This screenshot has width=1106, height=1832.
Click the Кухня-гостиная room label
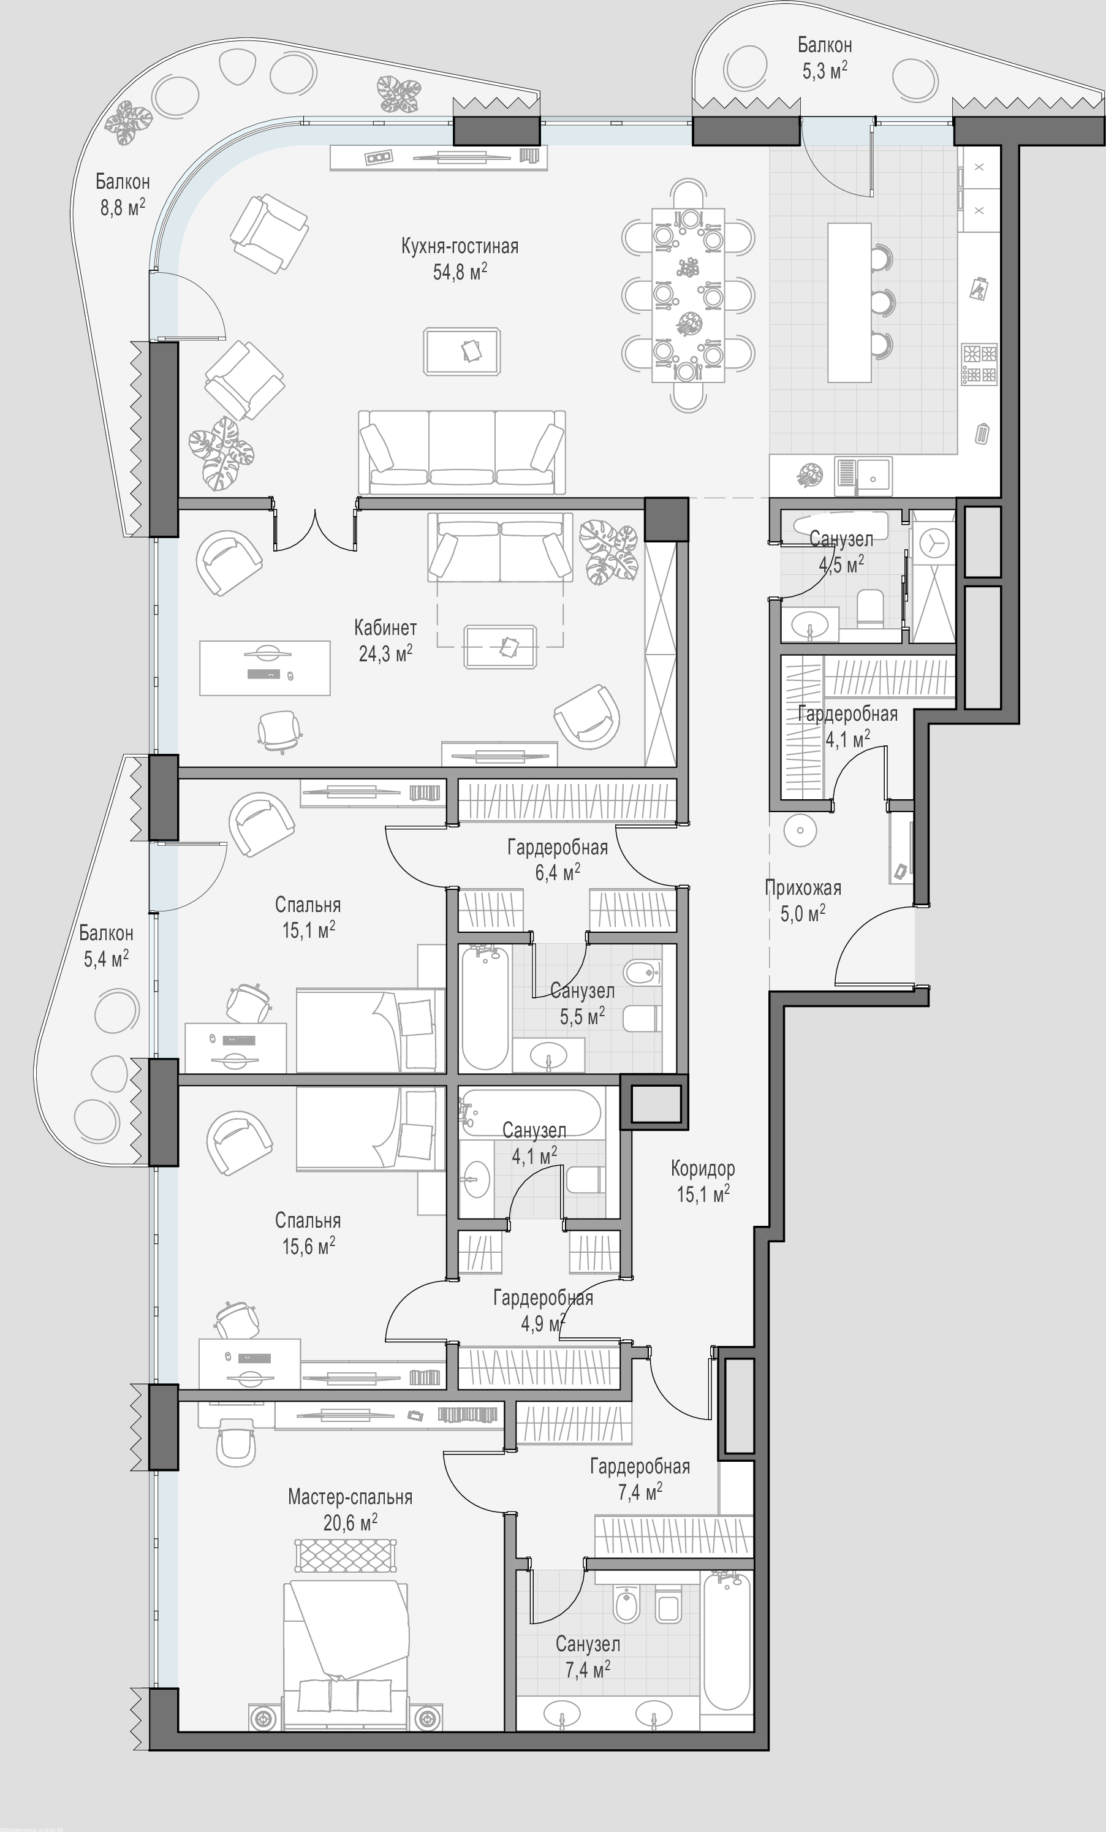tap(460, 246)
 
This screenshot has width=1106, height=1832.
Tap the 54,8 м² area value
tap(460, 272)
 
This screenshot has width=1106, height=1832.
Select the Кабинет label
tap(385, 628)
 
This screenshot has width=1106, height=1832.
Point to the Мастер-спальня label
tap(350, 1497)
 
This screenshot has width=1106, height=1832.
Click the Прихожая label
tap(803, 887)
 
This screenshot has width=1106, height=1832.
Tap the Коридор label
tap(702, 1168)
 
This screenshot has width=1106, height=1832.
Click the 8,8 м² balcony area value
tap(123, 207)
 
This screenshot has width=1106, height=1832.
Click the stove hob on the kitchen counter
tap(979, 363)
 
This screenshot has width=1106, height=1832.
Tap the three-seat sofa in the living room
tap(461, 452)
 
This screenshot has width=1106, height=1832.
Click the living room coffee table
tap(461, 351)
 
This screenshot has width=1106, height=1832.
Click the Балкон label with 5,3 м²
tap(824, 45)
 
